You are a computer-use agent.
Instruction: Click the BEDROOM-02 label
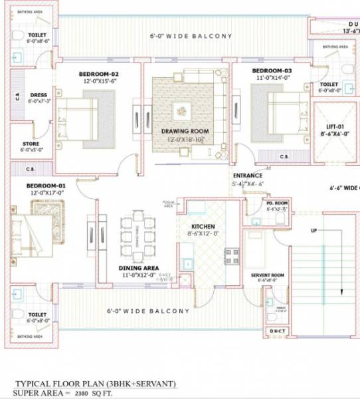click(x=98, y=73)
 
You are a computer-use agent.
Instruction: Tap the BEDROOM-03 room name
click(x=272, y=70)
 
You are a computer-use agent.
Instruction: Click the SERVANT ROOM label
click(x=268, y=275)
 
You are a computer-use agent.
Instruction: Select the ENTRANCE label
click(x=247, y=176)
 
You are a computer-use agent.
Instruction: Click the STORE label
click(x=31, y=144)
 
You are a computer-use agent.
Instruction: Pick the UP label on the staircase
click(x=314, y=231)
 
